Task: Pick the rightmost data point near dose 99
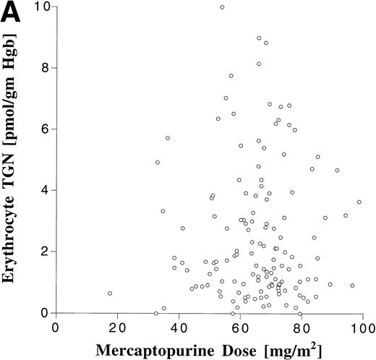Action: [x=359, y=202]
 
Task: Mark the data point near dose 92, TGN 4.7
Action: [x=337, y=171]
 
